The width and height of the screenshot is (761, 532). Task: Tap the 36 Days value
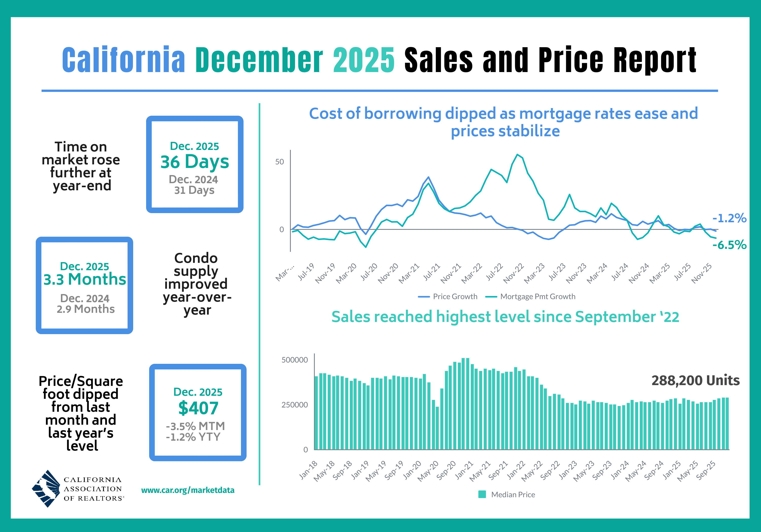195,162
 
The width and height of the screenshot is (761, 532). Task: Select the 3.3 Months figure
84,279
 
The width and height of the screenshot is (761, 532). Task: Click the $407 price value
198,408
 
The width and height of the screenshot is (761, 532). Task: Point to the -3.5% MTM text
195,426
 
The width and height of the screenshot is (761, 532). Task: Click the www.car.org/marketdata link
188,490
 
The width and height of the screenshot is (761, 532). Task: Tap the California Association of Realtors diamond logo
46,489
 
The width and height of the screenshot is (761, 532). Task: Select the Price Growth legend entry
448,297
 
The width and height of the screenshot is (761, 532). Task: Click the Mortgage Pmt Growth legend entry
531,297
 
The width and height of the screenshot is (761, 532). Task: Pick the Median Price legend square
482,494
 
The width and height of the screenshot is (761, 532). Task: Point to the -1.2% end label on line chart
729,218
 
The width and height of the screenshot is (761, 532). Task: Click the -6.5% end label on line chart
729,245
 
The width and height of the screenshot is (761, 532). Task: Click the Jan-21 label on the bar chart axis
465,470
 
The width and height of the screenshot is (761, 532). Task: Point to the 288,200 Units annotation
695,381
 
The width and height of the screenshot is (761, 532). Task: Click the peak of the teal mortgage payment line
517,155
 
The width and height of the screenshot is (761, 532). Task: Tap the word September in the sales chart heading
615,317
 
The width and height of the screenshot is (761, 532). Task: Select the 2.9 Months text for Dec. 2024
85,309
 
